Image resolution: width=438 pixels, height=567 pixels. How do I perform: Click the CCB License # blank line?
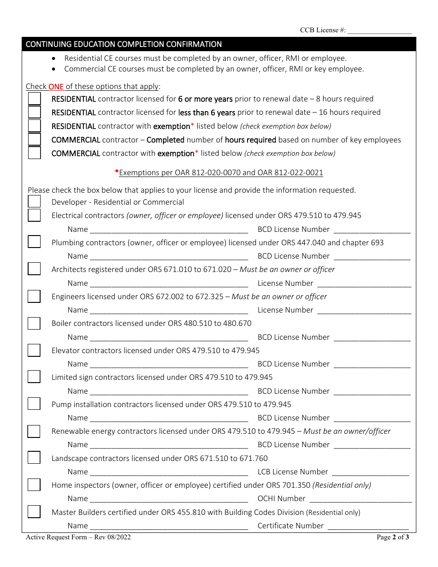tap(379, 31)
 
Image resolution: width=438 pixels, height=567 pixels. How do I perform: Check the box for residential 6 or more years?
tap(34, 99)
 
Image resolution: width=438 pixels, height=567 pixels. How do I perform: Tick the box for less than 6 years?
tap(34, 112)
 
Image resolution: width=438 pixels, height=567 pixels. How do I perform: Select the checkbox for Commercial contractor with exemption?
tap(34, 153)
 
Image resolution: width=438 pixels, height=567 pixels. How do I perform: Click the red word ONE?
tap(56, 87)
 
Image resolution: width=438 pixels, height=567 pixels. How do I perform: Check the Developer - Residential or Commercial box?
tap(34, 202)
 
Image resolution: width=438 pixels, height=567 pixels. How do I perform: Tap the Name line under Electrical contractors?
tap(169, 230)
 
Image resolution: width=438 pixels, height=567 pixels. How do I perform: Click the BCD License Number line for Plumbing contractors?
tap(372, 257)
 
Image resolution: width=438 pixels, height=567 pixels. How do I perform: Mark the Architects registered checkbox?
tap(34, 269)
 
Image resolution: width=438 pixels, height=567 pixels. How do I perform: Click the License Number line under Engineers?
tap(364, 311)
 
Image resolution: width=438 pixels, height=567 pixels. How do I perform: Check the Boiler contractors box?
tap(34, 324)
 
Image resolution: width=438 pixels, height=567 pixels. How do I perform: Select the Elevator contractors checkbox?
tap(34, 350)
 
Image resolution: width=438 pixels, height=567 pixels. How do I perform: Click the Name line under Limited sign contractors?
tap(169, 392)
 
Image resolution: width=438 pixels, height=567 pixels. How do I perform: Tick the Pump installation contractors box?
tap(34, 404)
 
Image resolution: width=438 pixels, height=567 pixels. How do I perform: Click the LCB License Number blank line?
tap(370, 472)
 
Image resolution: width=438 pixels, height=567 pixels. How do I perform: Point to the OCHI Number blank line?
tap(361, 499)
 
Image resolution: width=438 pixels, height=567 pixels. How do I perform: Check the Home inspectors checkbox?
tap(34, 485)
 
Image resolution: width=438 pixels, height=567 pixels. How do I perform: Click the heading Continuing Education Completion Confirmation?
tap(124, 44)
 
